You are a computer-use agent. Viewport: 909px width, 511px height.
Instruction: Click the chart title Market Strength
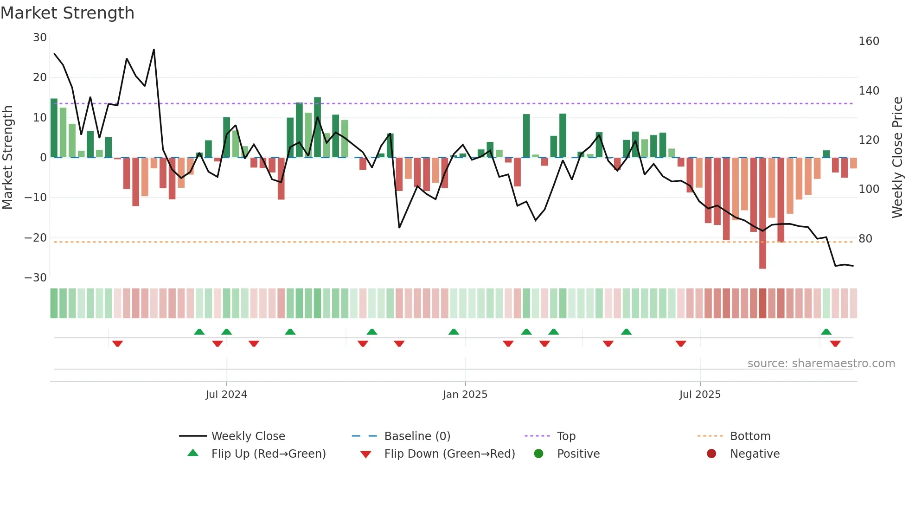(x=67, y=13)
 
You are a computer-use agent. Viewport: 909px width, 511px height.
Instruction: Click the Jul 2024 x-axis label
(x=226, y=395)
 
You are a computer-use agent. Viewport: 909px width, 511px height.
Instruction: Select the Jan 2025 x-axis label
(x=465, y=395)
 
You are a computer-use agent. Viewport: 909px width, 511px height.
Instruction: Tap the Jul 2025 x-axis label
(x=700, y=395)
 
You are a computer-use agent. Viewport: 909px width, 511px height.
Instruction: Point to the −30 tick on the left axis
(x=36, y=278)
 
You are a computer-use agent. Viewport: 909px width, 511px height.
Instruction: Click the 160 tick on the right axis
(x=869, y=41)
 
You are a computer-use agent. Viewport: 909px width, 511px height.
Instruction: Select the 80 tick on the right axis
(x=865, y=239)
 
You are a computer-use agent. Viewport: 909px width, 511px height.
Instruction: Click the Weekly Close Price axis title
(x=898, y=158)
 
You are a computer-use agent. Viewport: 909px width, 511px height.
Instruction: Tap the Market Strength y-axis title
(x=8, y=158)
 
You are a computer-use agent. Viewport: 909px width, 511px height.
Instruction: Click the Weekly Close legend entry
(x=248, y=436)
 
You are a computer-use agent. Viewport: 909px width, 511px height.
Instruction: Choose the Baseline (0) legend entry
(x=417, y=436)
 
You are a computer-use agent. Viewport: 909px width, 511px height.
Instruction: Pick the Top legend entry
(x=566, y=436)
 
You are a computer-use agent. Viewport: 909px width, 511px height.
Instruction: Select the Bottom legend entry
(x=750, y=436)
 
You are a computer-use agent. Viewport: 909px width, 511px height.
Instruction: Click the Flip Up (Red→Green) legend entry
(x=269, y=454)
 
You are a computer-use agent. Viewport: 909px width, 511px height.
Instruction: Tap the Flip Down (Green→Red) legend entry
(x=449, y=454)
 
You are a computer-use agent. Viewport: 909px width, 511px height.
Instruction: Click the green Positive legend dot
(x=538, y=454)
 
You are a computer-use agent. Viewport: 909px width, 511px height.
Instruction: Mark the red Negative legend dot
(x=711, y=454)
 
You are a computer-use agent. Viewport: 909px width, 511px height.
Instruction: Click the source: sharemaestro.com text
(x=821, y=364)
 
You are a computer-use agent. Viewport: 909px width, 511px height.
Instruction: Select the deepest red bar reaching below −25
(x=762, y=213)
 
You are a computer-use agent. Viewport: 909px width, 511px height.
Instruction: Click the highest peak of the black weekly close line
(x=154, y=50)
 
